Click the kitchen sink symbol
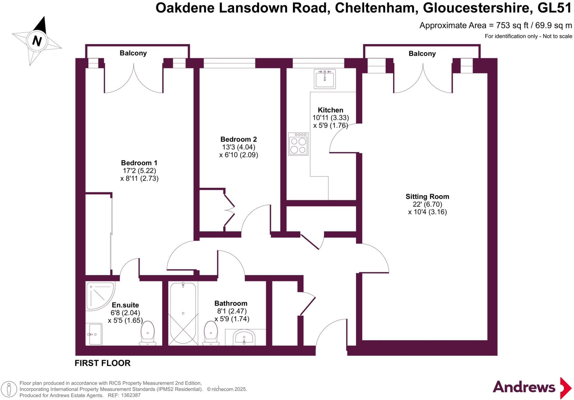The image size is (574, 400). point(325,79)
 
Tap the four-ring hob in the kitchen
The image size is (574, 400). point(298,144)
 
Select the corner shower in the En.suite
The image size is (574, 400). point(98,294)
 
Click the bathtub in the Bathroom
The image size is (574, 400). point(183,313)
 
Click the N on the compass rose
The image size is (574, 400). point(37,41)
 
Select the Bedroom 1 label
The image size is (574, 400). point(139,163)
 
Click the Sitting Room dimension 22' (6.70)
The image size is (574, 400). point(427,204)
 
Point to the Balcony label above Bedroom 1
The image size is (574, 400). point(133,53)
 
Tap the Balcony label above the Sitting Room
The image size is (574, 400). point(422,54)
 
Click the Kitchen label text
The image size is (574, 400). point(330,110)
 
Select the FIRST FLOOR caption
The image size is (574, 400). point(103,363)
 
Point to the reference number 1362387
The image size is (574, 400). point(130,396)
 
